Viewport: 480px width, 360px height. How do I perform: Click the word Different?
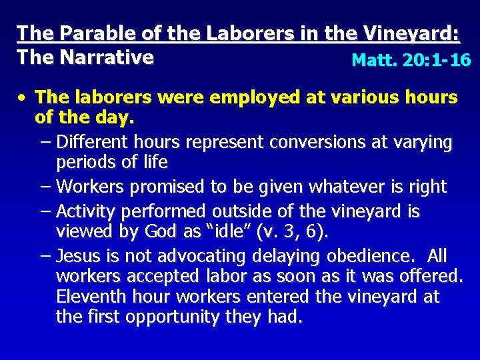93,143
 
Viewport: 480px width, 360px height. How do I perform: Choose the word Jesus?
79,257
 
